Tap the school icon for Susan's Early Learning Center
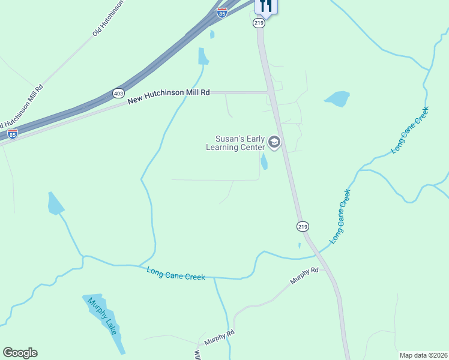pyautogui.click(x=275, y=143)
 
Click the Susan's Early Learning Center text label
pyautogui.click(x=235, y=143)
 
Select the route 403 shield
pyautogui.click(x=118, y=93)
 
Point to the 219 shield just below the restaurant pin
pyautogui.click(x=259, y=23)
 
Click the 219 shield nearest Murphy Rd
pyautogui.click(x=303, y=226)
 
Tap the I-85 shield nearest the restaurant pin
pyautogui.click(x=222, y=13)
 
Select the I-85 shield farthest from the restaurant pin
pyautogui.click(x=13, y=134)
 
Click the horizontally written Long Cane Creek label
pyautogui.click(x=176, y=273)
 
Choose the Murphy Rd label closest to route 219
pyautogui.click(x=304, y=277)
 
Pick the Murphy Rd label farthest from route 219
pyautogui.click(x=219, y=338)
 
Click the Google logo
pyautogui.click(x=20, y=353)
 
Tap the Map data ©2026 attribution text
pyautogui.click(x=423, y=355)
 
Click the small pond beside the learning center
pyautogui.click(x=264, y=161)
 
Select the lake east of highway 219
pyautogui.click(x=337, y=98)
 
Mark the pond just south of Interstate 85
pyautogui.click(x=203, y=56)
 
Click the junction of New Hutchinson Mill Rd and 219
pyautogui.click(x=269, y=92)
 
